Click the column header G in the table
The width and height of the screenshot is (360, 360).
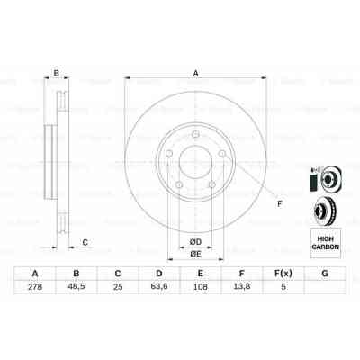pyautogui.click(x=323, y=273)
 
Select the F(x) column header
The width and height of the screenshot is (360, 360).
pyautogui.click(x=283, y=273)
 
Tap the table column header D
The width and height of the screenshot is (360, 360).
pyautogui.click(x=158, y=273)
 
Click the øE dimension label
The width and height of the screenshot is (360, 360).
pyautogui.click(x=194, y=256)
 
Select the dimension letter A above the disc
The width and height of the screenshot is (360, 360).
pyautogui.click(x=195, y=74)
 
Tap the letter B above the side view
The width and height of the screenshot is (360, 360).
pyautogui.click(x=57, y=74)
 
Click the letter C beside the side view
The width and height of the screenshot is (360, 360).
pyautogui.click(x=85, y=241)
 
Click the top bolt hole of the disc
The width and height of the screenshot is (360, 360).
pyautogui.click(x=195, y=136)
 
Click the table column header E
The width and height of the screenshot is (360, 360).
pyautogui.click(x=200, y=273)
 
